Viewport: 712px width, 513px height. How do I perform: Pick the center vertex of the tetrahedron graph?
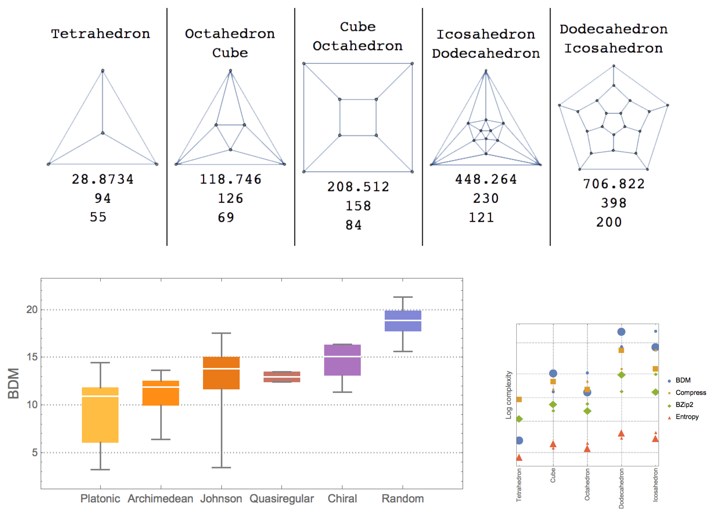tap(103, 133)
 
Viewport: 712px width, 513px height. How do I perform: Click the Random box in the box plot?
tap(403, 321)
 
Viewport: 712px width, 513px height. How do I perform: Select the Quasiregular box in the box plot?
tap(282, 377)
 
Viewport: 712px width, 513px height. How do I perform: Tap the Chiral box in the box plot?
tap(342, 360)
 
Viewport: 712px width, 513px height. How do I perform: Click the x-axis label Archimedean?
tap(161, 499)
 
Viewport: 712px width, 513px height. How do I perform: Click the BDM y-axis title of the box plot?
tap(14, 383)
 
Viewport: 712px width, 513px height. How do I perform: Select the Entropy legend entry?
tap(687, 417)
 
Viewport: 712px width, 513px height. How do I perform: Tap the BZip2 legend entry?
tap(684, 404)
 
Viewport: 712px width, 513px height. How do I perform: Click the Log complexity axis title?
tap(508, 395)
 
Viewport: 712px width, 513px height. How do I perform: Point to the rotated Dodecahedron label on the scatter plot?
tap(621, 488)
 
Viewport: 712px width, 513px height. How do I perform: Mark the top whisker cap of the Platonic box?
tap(100, 363)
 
